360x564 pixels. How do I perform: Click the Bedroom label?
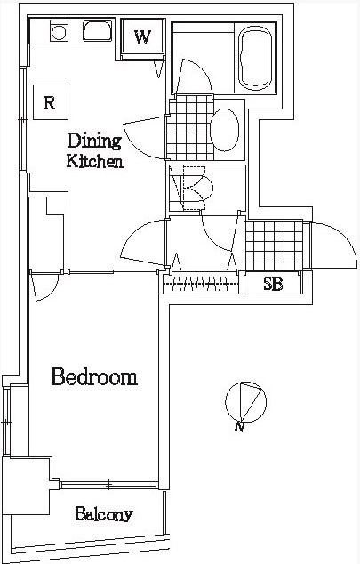(x=94, y=377)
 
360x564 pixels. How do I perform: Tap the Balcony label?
(x=104, y=514)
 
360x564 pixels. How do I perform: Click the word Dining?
(x=94, y=141)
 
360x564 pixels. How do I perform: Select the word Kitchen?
(x=95, y=161)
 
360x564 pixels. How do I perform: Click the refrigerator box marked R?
(x=51, y=102)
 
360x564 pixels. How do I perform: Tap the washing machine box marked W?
(x=143, y=36)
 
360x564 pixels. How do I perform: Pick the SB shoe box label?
(x=273, y=284)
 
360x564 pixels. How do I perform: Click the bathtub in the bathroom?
(x=255, y=60)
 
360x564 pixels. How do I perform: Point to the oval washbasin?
(x=225, y=130)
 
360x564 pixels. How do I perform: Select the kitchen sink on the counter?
(x=98, y=31)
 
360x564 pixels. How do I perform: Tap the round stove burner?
(x=59, y=32)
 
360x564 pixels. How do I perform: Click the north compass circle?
(x=245, y=402)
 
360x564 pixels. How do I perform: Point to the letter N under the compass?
(x=240, y=427)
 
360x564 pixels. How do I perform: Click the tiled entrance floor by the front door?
(x=274, y=246)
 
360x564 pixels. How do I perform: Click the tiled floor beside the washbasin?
(x=190, y=128)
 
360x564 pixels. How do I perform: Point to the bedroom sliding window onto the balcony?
(x=109, y=485)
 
